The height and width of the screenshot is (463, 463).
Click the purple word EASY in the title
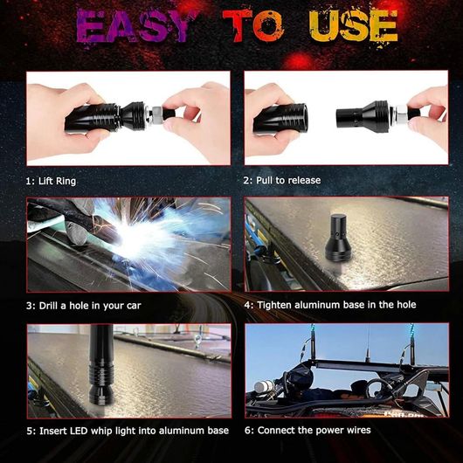[133, 26]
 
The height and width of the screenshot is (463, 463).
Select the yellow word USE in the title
[354, 26]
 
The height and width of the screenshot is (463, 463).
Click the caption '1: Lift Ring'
[51, 181]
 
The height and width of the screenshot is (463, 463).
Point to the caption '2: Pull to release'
[282, 180]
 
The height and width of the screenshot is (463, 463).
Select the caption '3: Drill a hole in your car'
[84, 306]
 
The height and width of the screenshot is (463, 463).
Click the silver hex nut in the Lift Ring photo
[155, 114]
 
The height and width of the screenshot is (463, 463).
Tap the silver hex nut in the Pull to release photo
[402, 114]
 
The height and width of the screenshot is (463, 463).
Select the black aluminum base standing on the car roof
[338, 238]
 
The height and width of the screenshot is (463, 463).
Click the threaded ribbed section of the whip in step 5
[101, 373]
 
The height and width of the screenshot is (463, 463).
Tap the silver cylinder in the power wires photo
[265, 386]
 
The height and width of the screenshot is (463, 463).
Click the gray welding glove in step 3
[76, 231]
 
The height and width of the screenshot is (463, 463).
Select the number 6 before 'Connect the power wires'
[247, 431]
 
